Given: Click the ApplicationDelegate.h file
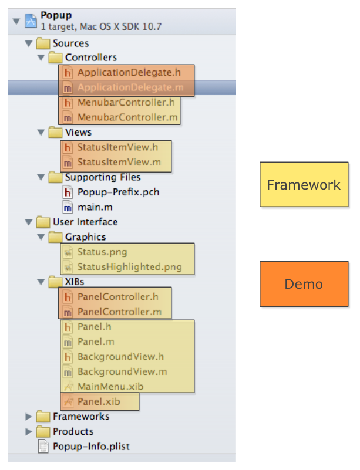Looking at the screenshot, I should click(128, 73).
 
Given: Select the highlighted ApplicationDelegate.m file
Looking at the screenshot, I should click(130, 87).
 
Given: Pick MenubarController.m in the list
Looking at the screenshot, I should click(127, 117).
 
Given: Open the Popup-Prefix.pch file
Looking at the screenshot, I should click(117, 192).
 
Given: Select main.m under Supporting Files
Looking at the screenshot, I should click(95, 207).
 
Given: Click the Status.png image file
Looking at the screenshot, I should click(102, 252).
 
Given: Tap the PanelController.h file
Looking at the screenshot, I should click(117, 297).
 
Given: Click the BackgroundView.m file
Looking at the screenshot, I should click(122, 371).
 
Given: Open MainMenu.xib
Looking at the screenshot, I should click(110, 387).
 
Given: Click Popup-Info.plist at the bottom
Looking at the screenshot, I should click(91, 447).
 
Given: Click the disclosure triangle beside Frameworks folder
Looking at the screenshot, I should click(28, 417).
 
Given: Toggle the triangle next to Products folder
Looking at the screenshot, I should click(28, 432).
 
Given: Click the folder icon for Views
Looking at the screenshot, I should click(56, 132).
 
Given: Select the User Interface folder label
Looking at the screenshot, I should click(85, 222).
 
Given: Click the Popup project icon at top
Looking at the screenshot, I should click(31, 22).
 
